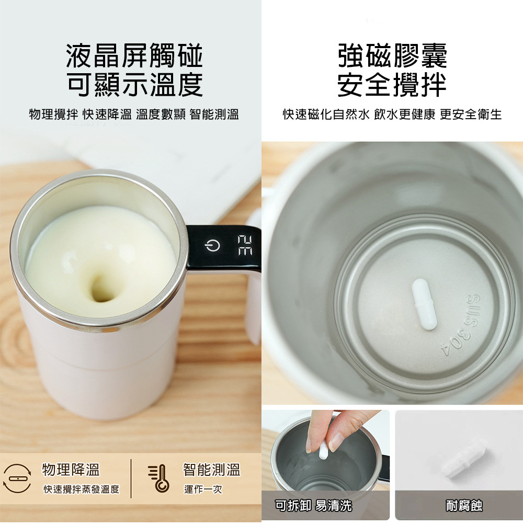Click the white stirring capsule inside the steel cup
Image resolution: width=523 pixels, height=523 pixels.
(x=424, y=304)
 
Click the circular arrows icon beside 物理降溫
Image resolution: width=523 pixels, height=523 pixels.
(x=17, y=479)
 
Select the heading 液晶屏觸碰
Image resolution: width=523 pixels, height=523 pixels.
(x=135, y=56)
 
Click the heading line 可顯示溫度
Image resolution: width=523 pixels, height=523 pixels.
(x=135, y=84)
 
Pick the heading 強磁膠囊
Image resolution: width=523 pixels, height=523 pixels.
(x=392, y=56)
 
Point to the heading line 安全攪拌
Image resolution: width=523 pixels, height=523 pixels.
(x=392, y=84)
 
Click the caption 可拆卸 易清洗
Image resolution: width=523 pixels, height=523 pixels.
(x=313, y=506)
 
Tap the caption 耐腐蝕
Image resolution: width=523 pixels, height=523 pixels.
(x=464, y=506)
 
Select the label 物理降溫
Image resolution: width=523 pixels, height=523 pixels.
(x=71, y=469)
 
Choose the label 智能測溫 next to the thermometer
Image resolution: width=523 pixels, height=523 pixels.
(x=212, y=469)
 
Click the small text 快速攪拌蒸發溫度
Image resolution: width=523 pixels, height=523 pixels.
(x=82, y=490)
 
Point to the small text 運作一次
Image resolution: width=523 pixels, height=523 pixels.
(x=203, y=490)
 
